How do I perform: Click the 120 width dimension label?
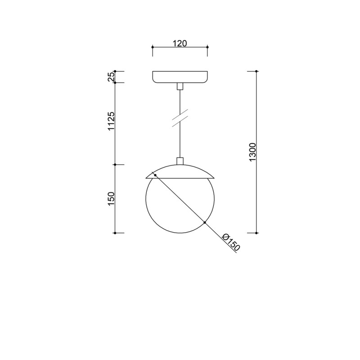coord(180,43)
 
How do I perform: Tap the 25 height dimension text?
coord(111,77)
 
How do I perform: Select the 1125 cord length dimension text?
coord(111,122)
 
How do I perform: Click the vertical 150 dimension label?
coord(111,199)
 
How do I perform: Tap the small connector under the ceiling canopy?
coord(180,86)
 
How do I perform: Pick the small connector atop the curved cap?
coord(180,161)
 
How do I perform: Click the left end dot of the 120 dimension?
coord(153,46)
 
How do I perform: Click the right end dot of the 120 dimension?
coord(207,46)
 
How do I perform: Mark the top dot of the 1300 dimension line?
coord(256,71)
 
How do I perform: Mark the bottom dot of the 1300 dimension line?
coord(256,233)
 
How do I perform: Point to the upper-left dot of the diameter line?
coord(155,175)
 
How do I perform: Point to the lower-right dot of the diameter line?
coord(205,223)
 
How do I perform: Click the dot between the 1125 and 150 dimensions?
coord(115,165)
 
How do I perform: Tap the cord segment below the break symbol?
coord(180,142)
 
